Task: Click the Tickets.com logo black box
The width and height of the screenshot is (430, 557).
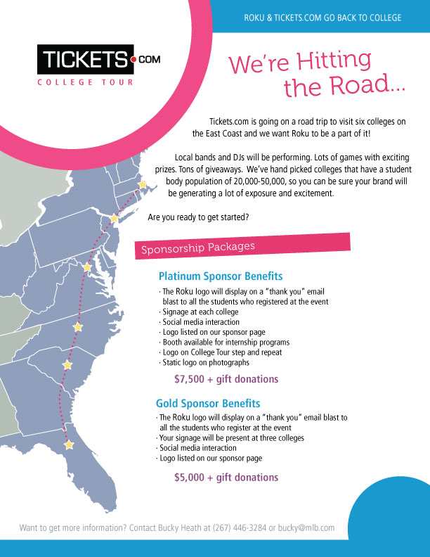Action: (x=86, y=59)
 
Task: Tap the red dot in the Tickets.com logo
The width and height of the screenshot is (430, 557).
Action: (x=133, y=60)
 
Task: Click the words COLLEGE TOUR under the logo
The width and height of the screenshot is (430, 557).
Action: (x=85, y=82)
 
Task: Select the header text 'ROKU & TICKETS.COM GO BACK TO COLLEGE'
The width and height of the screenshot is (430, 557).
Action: (x=322, y=18)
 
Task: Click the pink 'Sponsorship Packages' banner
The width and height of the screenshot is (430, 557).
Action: (x=242, y=246)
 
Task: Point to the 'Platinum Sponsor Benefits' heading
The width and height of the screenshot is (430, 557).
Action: (x=221, y=276)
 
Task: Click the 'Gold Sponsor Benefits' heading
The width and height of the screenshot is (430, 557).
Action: (x=208, y=404)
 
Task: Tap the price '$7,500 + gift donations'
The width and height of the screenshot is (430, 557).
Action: (x=226, y=379)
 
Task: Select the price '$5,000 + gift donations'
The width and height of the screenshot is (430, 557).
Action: (x=226, y=477)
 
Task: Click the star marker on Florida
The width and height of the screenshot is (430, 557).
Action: (x=69, y=444)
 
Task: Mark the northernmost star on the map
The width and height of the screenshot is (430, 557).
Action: (x=142, y=184)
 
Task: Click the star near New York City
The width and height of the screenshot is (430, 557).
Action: (x=114, y=218)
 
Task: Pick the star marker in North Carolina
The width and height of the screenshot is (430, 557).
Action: (x=78, y=327)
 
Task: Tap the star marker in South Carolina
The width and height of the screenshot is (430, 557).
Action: (x=67, y=364)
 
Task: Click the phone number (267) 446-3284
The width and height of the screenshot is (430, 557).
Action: (x=239, y=528)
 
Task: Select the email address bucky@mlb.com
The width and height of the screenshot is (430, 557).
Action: (x=306, y=528)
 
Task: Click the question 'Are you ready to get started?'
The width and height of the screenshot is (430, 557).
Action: (x=198, y=217)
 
